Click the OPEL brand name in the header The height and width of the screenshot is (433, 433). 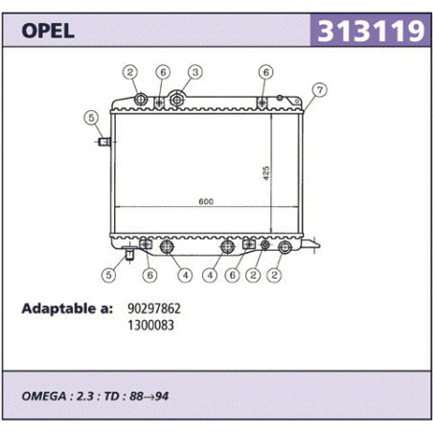point(48,31)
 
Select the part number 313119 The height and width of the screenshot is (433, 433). point(371,31)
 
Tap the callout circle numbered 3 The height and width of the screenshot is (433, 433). point(195,72)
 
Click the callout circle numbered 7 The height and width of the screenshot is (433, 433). point(320,90)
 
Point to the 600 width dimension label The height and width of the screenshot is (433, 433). point(206,201)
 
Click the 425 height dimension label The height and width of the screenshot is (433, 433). point(266,173)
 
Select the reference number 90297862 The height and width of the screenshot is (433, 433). point(154,308)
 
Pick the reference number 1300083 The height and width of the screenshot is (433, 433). point(150,326)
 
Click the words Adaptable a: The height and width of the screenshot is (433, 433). point(67,308)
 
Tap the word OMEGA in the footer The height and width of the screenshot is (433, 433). point(44,397)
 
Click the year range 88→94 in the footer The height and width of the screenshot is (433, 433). point(149,397)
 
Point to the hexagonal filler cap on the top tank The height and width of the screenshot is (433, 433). point(177,100)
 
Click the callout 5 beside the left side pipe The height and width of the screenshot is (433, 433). point(91,118)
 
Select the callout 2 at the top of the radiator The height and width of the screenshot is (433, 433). point(130,72)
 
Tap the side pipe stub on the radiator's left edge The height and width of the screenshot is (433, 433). point(104,142)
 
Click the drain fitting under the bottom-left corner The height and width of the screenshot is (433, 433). point(129,254)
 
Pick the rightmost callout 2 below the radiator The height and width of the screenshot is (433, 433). point(274,275)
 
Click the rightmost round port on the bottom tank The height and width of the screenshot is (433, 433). point(285,247)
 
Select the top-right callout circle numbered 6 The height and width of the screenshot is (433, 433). point(266,72)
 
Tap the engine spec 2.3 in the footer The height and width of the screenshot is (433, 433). point(85,397)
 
